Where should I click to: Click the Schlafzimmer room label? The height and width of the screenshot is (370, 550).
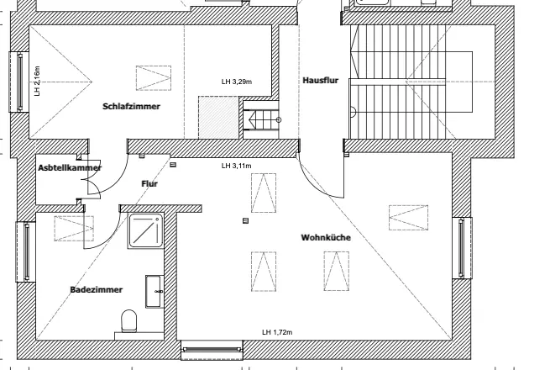[x=131, y=107]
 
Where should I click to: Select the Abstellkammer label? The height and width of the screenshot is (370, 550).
[x=70, y=168]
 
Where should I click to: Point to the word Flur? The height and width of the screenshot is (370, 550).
[x=149, y=182]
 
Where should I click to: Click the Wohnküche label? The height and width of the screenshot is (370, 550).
[x=326, y=238]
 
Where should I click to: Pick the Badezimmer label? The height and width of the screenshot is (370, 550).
[x=97, y=289]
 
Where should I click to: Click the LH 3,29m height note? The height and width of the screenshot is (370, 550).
[x=237, y=82]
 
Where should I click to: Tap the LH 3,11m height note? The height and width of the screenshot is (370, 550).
[x=237, y=166]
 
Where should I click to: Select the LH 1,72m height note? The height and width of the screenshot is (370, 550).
[x=276, y=333]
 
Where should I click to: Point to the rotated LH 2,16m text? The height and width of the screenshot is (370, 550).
[x=38, y=82]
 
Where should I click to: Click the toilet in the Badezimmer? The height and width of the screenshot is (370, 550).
[x=128, y=321]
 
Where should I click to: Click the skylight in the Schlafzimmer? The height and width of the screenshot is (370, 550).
[x=154, y=78]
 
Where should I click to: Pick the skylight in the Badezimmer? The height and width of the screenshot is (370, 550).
[x=74, y=227]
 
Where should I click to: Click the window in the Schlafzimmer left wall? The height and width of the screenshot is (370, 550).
[x=20, y=81]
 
